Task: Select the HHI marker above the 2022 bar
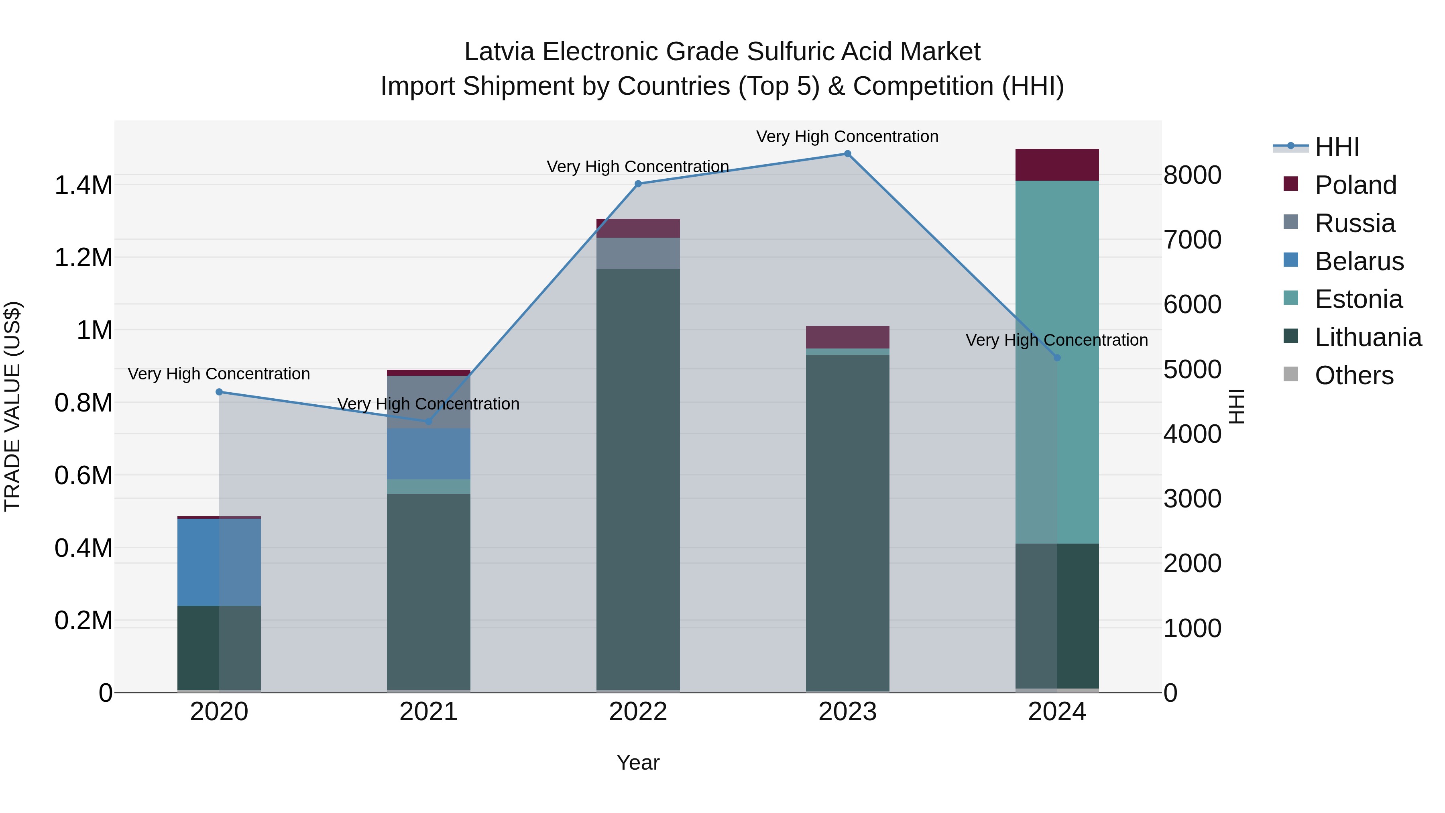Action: pyautogui.click(x=638, y=184)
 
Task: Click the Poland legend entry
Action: pyautogui.click(x=1355, y=185)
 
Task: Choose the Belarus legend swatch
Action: pyautogui.click(x=1291, y=260)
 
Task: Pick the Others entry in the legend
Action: pyautogui.click(x=1353, y=375)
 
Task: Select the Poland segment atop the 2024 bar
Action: pyautogui.click(x=1057, y=165)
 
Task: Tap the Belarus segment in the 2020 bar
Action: pyautogui.click(x=219, y=562)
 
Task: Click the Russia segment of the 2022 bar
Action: pyautogui.click(x=638, y=253)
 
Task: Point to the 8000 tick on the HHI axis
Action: pyautogui.click(x=1192, y=175)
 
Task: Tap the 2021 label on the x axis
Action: pyautogui.click(x=429, y=712)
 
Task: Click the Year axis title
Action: pyautogui.click(x=638, y=762)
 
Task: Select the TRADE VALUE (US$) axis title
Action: pyautogui.click(x=12, y=406)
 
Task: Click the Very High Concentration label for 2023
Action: pyautogui.click(x=847, y=137)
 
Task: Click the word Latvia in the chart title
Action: pyautogui.click(x=499, y=52)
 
